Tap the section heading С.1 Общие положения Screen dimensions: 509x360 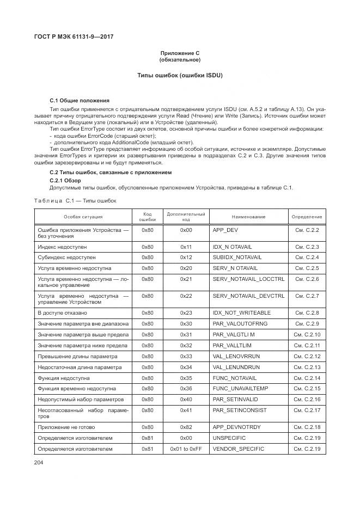pos(80,101)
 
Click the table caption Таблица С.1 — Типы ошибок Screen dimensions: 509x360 pos(75,201)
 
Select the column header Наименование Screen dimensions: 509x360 pos(251,217)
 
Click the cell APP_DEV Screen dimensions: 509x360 pos(225,230)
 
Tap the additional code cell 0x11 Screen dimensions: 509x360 pos(186,247)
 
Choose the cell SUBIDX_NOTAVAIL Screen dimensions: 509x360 pos(236,257)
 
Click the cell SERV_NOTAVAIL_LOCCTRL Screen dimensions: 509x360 pos(248,279)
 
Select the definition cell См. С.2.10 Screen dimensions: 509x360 pos(307,334)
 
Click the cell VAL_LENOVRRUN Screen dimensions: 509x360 pos(236,356)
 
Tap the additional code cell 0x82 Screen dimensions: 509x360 pos(186,427)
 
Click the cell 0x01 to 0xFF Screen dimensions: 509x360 pos(186,449)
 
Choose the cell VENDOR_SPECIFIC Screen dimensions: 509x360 pos(238,449)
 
